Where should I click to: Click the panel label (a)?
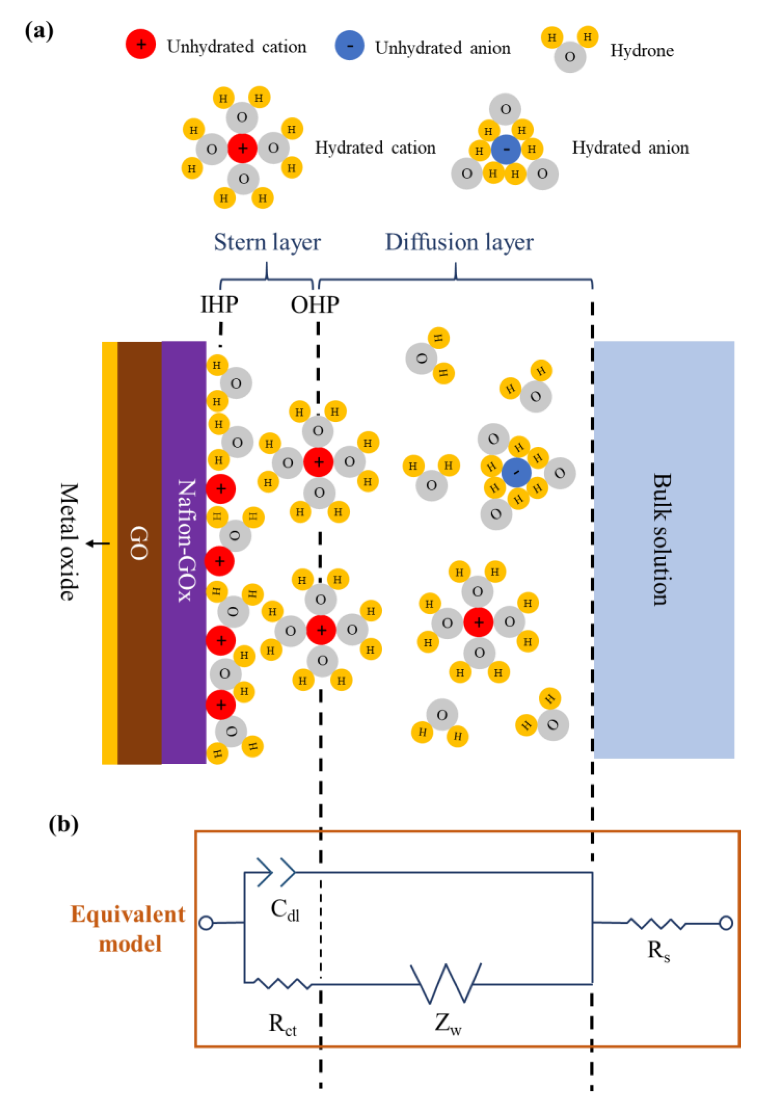coord(39,32)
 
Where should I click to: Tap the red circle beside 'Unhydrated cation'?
coord(140,44)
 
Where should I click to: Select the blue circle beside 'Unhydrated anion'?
coord(349,45)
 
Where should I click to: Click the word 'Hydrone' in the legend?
coord(641,51)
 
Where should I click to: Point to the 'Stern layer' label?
coord(267,242)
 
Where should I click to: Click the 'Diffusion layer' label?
coord(459,242)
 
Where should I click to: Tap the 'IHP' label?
coord(219,304)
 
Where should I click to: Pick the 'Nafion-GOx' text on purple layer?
coord(186,540)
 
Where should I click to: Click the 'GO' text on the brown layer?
coord(138,543)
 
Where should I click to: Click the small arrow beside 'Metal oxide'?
coord(98,544)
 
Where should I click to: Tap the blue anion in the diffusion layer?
coord(516,472)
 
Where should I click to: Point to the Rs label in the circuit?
coord(658,951)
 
